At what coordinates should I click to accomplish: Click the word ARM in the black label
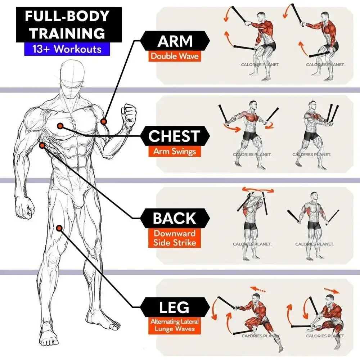point(175,41)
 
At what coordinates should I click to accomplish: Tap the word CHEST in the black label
point(174,136)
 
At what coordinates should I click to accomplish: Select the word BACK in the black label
point(174,218)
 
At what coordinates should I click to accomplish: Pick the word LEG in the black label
point(174,307)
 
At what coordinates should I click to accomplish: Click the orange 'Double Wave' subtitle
point(175,56)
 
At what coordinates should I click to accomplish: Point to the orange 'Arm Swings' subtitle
point(174,151)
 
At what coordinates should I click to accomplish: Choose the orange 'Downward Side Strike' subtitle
point(174,238)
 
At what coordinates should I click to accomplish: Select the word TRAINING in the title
point(67,33)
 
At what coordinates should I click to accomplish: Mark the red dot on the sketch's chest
point(60,126)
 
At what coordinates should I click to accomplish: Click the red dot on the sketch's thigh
point(59,228)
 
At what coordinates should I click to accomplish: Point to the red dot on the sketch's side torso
point(42,145)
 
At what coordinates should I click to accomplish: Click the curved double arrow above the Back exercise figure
point(258,190)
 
